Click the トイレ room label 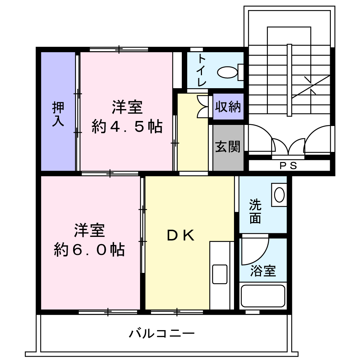tap(201, 70)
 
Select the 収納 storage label tap(228, 107)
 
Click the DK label tap(180, 235)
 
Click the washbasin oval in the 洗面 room tap(279, 195)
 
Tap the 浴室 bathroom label tap(263, 271)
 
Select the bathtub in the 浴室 tap(263, 296)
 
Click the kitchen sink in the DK tap(220, 274)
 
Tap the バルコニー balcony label tap(162, 333)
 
